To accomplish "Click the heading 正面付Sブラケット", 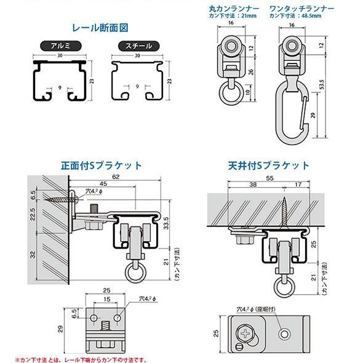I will pyautogui.click(x=101, y=166).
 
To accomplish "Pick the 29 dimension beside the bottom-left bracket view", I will pyautogui.click(x=60, y=328).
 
